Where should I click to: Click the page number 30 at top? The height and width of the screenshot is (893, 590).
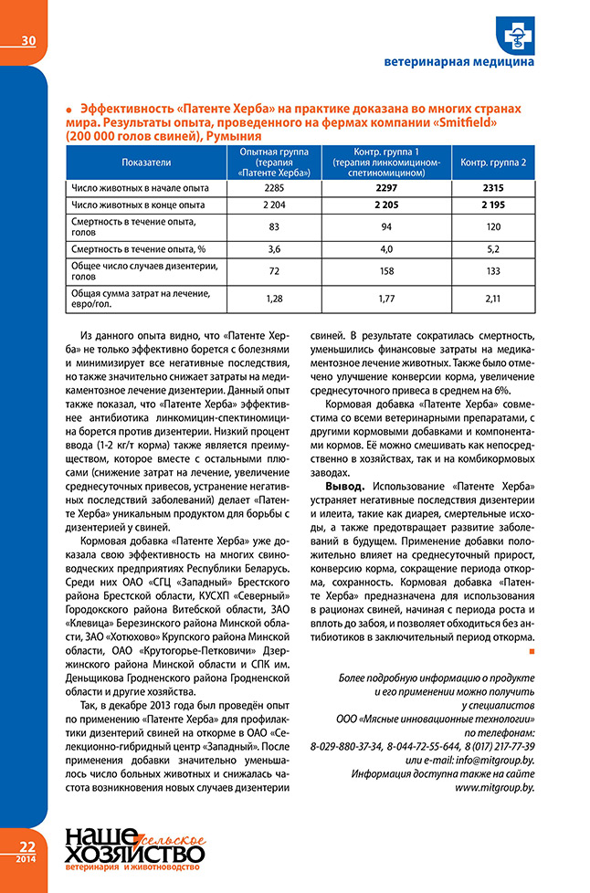27,40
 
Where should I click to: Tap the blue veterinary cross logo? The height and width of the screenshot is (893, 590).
516,34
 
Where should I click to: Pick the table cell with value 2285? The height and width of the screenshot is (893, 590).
274,188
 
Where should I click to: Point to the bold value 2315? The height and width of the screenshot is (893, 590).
493,188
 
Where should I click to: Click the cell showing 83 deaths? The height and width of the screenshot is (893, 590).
274,225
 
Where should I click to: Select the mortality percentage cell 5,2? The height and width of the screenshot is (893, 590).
493,248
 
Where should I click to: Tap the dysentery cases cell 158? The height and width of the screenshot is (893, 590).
385,271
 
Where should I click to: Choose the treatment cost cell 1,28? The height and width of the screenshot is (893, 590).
274,298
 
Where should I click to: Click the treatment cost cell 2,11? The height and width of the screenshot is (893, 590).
493,298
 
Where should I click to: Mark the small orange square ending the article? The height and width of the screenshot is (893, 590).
532,651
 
